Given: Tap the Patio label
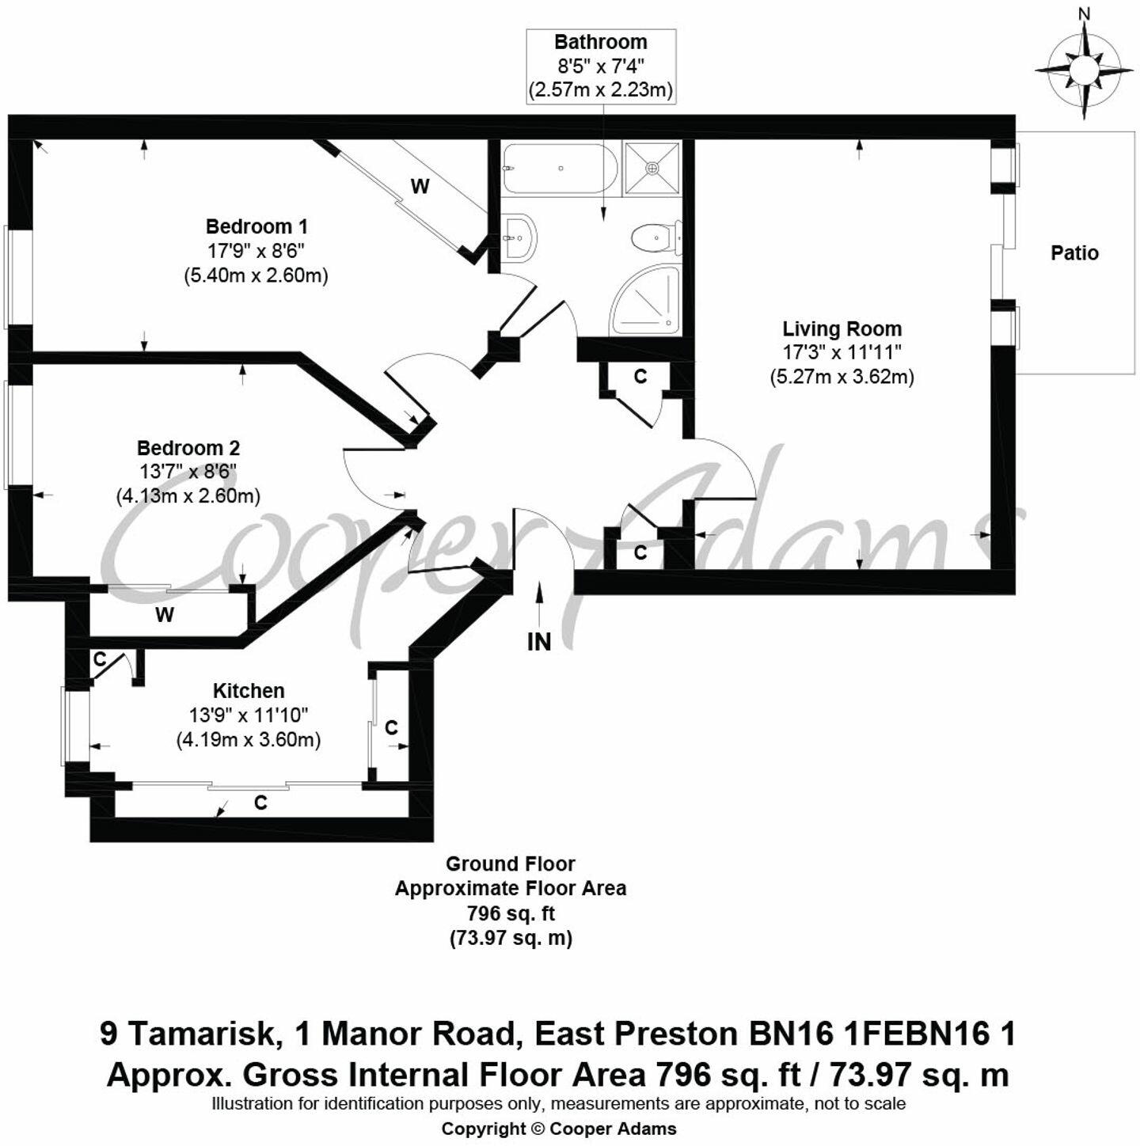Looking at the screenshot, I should (x=1074, y=253).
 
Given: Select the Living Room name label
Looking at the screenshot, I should (x=842, y=328).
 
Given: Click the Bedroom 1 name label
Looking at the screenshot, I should (x=256, y=226).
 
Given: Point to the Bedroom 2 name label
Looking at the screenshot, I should (x=188, y=447).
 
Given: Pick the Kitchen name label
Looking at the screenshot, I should (x=248, y=690).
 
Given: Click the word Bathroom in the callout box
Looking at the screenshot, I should (x=600, y=42).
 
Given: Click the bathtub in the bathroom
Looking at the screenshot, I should (x=556, y=169).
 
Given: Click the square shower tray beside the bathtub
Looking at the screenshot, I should (x=652, y=168).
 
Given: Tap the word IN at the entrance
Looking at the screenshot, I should (x=539, y=642).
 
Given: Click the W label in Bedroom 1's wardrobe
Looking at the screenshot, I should (x=420, y=187).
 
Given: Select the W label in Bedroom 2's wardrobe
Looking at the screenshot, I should (x=165, y=615).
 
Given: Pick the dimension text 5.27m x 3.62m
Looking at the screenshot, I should (x=842, y=377).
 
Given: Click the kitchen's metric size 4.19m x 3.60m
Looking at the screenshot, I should (x=248, y=740).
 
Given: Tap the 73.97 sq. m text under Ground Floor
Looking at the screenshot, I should (x=511, y=939).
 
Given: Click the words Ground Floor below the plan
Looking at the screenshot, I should (x=511, y=863).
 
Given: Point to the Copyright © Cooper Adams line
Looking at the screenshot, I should (x=559, y=1129).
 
